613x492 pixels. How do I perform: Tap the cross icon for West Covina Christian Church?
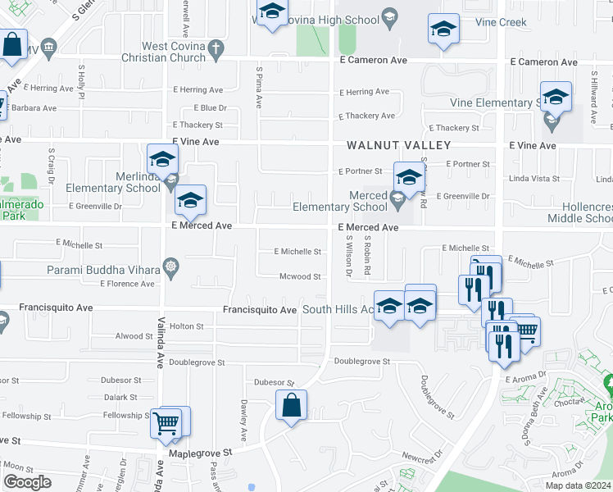[x=216, y=48]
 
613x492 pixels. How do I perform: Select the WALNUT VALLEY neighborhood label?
[x=398, y=145]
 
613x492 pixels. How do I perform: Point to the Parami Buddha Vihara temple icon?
[x=170, y=266]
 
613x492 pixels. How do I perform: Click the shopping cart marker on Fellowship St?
[x=166, y=423]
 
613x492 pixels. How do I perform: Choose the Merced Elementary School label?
[x=340, y=202]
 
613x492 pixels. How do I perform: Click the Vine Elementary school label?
[x=496, y=103]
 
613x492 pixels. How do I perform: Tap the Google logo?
[x=26, y=482]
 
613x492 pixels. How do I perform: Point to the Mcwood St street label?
[x=300, y=277]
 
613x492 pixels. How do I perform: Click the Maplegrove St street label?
[x=201, y=452]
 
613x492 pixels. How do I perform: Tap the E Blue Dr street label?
[x=211, y=107]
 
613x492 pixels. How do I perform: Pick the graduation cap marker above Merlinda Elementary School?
[x=162, y=158]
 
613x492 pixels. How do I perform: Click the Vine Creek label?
[x=501, y=23]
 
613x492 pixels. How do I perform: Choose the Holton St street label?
[x=186, y=326]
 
